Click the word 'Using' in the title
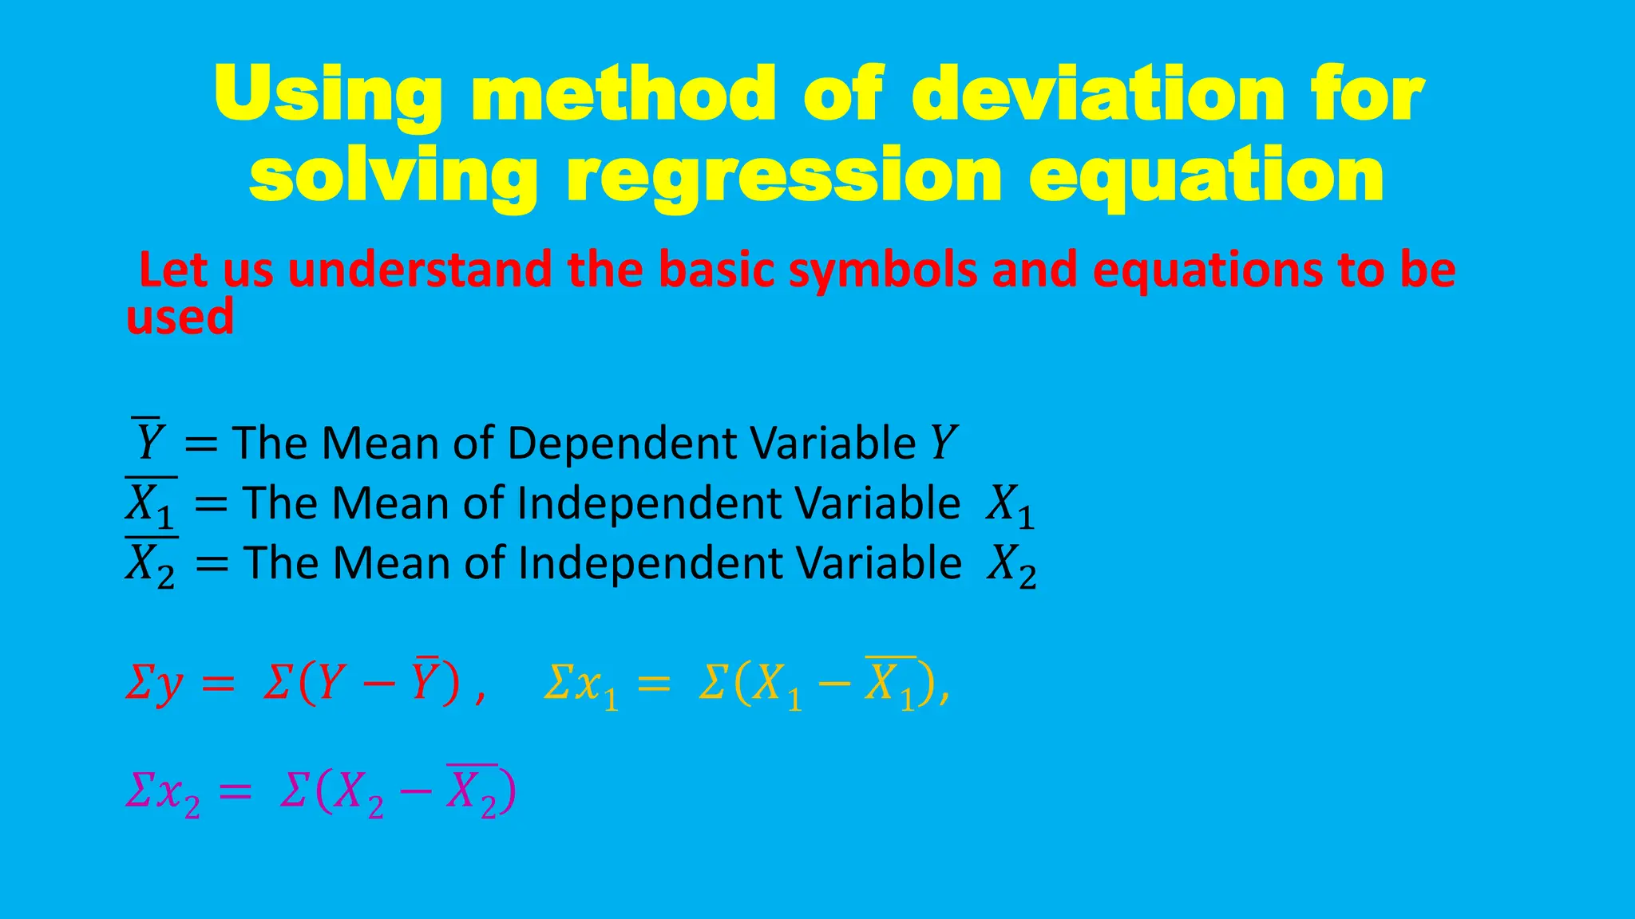point(328,96)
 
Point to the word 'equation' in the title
point(1206,177)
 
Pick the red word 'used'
point(180,317)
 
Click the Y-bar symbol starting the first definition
point(149,441)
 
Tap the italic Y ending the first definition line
point(944,443)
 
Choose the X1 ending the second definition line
point(1010,505)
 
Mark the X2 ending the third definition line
point(1011,565)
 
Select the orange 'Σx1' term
point(581,684)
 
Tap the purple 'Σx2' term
point(163,793)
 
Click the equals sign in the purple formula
point(236,792)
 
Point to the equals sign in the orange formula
point(654,684)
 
